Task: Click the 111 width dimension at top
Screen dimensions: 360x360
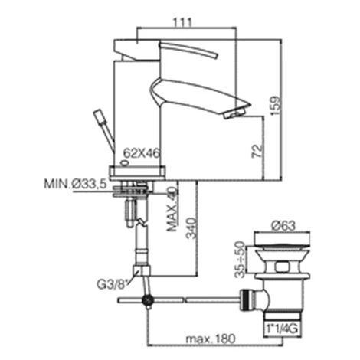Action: click(182, 22)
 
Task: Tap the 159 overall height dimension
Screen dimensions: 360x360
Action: click(276, 106)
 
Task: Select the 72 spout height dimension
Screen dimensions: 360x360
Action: click(257, 151)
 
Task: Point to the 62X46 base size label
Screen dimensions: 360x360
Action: click(142, 153)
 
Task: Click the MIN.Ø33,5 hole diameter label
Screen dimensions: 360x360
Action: click(75, 184)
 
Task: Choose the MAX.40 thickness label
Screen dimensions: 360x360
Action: click(172, 209)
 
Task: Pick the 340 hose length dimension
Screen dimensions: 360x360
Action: click(191, 228)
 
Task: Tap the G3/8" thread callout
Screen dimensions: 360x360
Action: click(112, 285)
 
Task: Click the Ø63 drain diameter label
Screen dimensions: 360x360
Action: click(283, 225)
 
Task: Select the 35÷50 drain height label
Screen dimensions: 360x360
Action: click(240, 259)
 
